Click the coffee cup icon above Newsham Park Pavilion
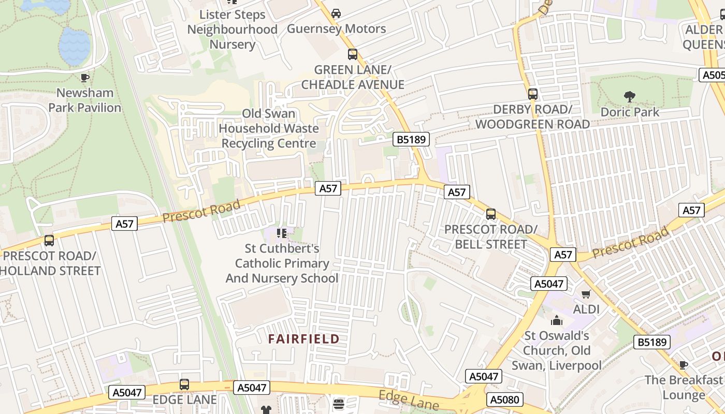[85, 78]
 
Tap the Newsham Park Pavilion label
[84, 100]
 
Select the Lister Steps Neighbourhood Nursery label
[232, 29]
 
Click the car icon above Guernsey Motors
[336, 13]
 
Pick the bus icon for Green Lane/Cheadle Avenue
[353, 54]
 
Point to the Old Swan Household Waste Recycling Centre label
[269, 128]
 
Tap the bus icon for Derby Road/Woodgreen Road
[532, 94]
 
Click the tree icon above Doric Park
[630, 96]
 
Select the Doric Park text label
[630, 112]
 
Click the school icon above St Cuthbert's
[282, 233]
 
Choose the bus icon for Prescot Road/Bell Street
[491, 214]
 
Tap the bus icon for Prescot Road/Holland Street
[49, 241]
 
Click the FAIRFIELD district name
[303, 339]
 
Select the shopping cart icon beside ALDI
[586, 294]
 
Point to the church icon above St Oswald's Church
[557, 320]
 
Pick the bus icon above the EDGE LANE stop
[184, 385]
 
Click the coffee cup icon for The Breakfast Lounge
[684, 365]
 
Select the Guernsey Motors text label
[336, 28]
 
